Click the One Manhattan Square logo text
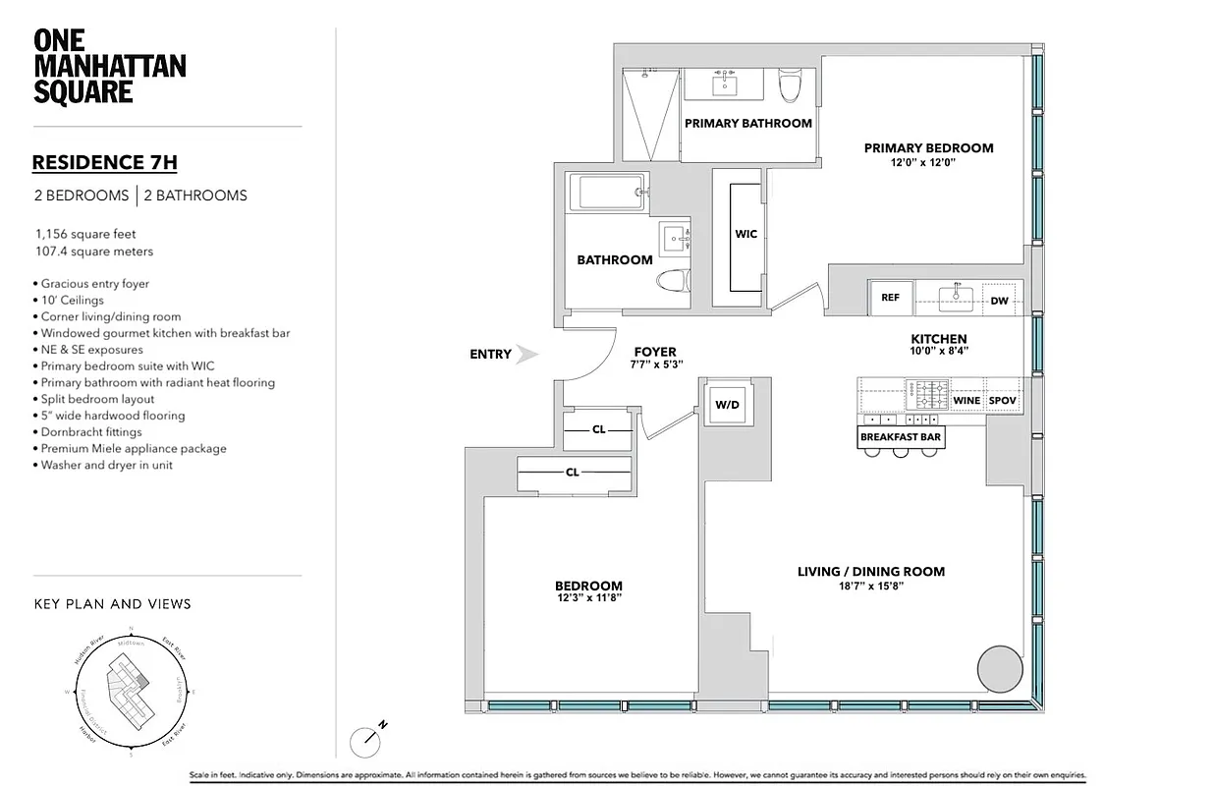click(x=109, y=67)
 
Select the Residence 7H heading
click(x=104, y=163)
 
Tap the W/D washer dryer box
click(x=727, y=404)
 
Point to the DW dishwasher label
click(x=999, y=301)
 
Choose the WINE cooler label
click(x=966, y=401)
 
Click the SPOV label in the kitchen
click(x=1002, y=401)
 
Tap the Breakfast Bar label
click(x=901, y=437)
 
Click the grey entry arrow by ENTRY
click(x=527, y=355)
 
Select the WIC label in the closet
click(x=745, y=235)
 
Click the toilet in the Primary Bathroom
click(x=790, y=86)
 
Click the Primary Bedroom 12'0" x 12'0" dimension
click(x=921, y=163)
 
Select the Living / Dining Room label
click(x=870, y=572)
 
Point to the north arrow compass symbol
click(x=365, y=739)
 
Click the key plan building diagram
click(x=131, y=691)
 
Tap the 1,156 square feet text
click(x=84, y=235)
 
